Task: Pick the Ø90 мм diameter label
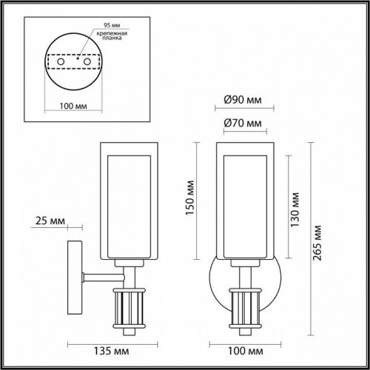(x=243, y=100)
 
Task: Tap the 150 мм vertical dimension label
(x=190, y=199)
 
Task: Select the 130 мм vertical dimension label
(x=295, y=209)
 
